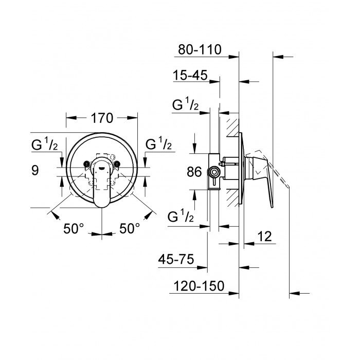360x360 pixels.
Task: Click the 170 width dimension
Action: pos(102,118)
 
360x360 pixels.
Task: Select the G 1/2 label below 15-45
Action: pos(186,106)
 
